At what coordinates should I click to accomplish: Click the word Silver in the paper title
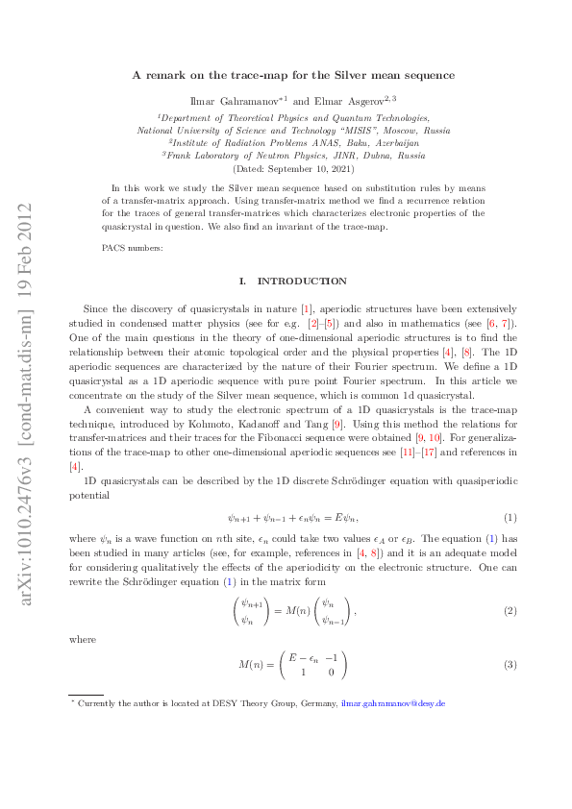click(374, 74)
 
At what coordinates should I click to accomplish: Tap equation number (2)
click(510, 610)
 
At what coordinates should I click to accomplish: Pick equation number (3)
click(510, 665)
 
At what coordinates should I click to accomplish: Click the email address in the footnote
click(392, 704)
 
